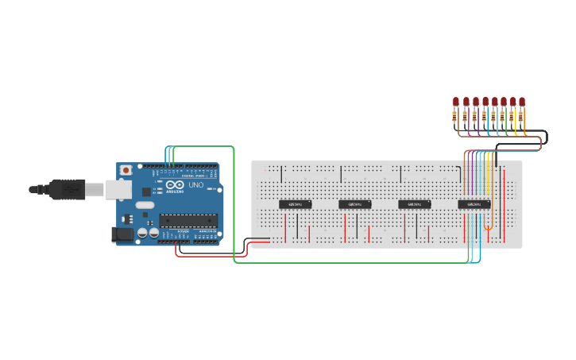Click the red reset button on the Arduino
126,171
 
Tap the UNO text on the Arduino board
195,185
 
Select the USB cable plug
64,189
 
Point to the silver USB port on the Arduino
115,188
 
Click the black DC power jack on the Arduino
122,233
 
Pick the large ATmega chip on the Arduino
187,220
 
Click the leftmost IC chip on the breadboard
295,204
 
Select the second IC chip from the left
354,204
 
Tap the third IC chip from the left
414,204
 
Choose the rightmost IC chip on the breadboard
474,204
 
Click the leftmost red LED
456,102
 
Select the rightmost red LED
522,102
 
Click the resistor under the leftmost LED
456,116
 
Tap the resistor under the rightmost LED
522,116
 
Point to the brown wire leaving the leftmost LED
458,131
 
